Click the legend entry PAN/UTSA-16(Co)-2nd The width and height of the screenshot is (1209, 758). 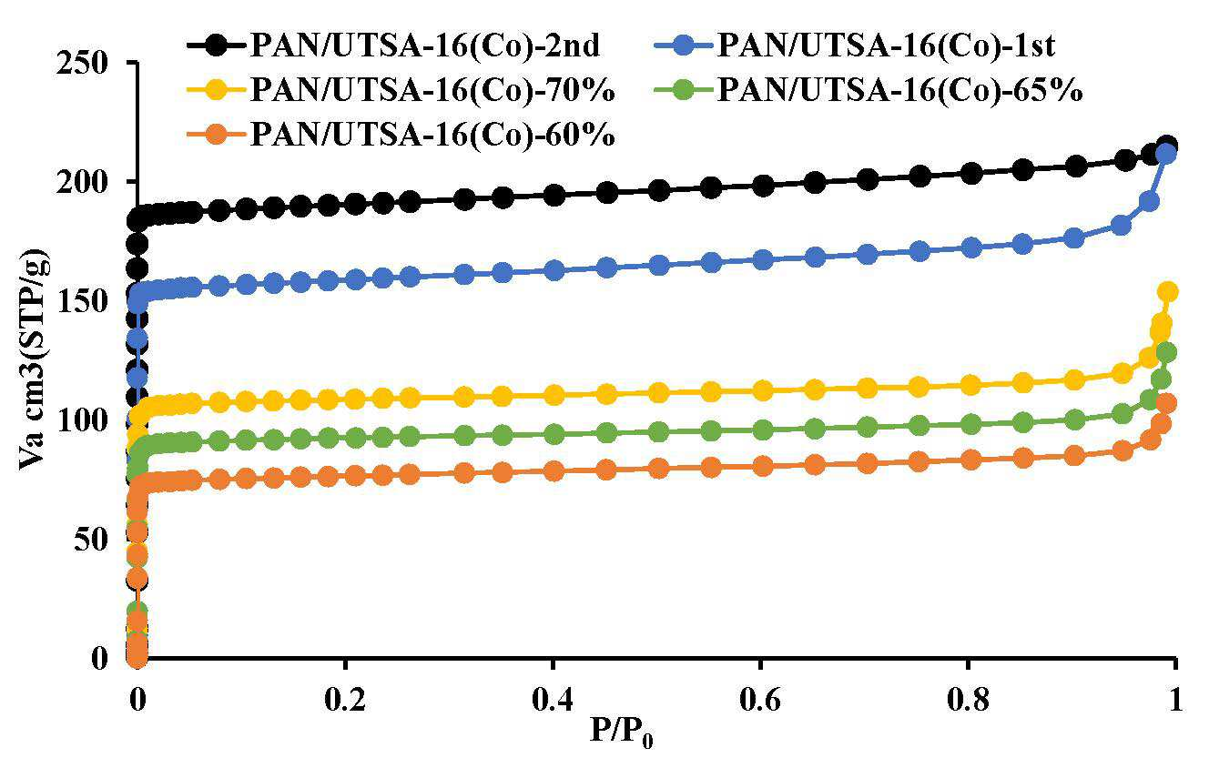pyautogui.click(x=393, y=45)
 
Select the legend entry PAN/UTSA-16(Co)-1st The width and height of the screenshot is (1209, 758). pyautogui.click(x=855, y=45)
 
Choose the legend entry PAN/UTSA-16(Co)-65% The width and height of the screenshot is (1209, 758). pyautogui.click(x=869, y=89)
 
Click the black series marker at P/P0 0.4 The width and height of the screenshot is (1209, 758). pyautogui.click(x=554, y=196)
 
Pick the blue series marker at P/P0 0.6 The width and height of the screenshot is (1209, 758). pyautogui.click(x=763, y=260)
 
